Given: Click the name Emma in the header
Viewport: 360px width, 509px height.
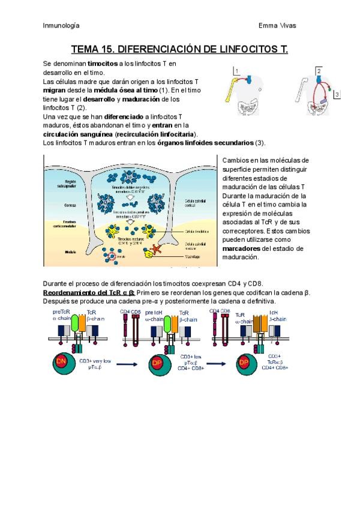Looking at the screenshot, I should tap(268, 26).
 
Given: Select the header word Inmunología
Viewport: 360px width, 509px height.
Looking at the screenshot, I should tap(61, 26).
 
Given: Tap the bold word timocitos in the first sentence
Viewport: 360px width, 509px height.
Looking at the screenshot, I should tap(103, 63).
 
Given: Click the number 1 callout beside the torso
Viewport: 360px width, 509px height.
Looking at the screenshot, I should tap(237, 71).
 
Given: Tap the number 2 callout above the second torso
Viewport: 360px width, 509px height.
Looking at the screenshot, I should tap(319, 71).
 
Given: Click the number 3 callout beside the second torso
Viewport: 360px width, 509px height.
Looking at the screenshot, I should tap(337, 95).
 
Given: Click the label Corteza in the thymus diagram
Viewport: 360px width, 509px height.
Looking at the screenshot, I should tap(70, 205).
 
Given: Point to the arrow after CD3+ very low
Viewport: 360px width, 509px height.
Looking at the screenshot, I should tap(125, 364).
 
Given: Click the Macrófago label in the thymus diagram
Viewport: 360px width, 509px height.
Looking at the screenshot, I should tap(193, 255).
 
